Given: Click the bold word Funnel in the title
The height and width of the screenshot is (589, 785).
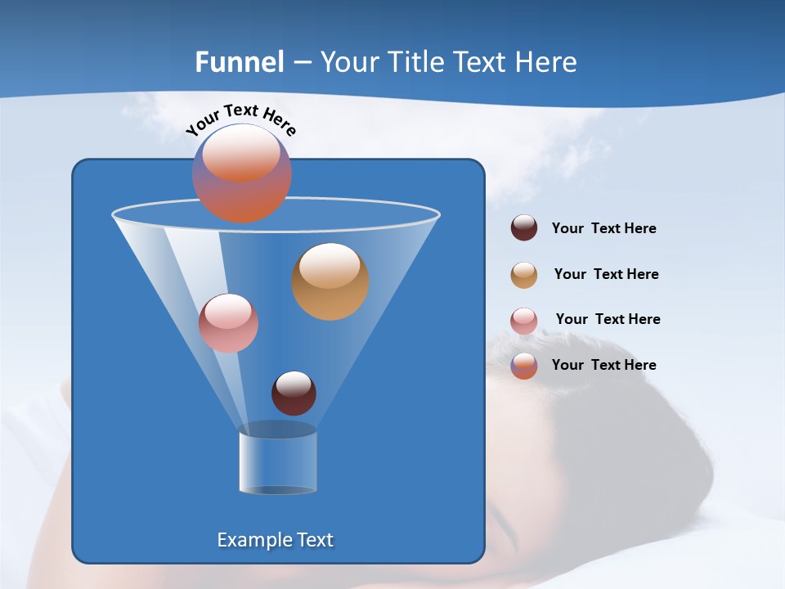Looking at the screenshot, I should click(x=239, y=62).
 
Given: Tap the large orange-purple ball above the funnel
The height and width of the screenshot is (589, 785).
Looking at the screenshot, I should click(x=241, y=173).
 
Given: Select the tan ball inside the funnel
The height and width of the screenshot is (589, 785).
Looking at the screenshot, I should click(x=330, y=281).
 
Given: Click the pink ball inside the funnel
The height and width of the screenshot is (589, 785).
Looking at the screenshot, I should click(x=228, y=323).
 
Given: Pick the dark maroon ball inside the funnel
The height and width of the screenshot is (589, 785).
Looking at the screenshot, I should click(x=294, y=393).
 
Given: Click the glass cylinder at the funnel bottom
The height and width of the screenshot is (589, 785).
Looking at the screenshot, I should click(x=277, y=462).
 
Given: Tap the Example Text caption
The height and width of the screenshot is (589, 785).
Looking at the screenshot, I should click(x=275, y=540).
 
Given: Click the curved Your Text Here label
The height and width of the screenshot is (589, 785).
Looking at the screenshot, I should click(x=240, y=119).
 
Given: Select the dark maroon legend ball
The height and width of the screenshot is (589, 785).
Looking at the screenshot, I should click(x=524, y=228).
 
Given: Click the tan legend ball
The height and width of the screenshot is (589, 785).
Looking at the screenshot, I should click(x=524, y=275).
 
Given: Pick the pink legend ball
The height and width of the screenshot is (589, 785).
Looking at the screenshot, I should click(x=524, y=321).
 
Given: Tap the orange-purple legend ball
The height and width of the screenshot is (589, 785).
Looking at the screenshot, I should click(x=524, y=366).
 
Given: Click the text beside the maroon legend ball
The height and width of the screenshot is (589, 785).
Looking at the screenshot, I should click(x=603, y=228).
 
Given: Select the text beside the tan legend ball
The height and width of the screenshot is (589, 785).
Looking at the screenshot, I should click(x=606, y=274).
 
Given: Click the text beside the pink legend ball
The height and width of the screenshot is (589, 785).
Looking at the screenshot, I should click(x=608, y=319).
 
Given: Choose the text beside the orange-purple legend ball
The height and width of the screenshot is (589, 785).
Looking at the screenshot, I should click(x=603, y=365).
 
